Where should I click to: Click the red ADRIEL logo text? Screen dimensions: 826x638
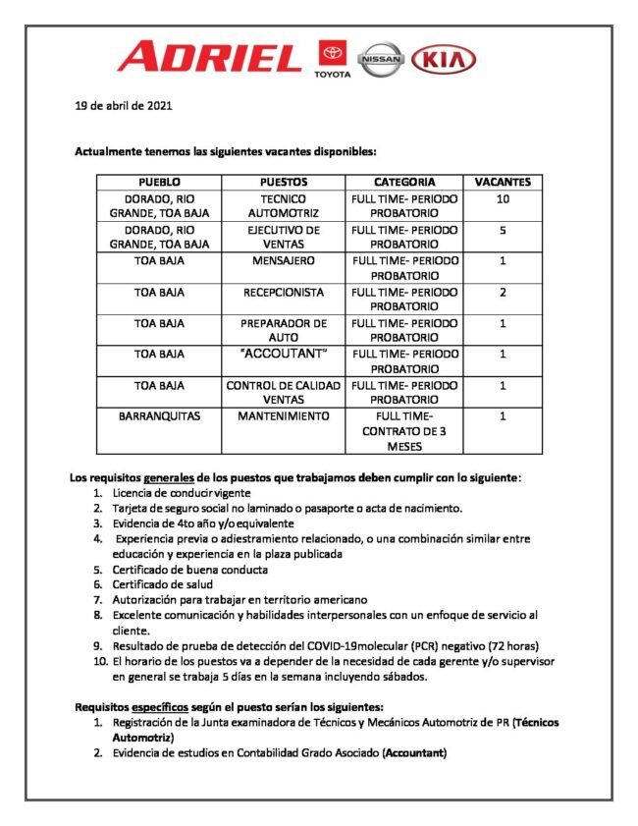[208, 56]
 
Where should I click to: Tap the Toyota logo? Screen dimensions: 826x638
[331, 60]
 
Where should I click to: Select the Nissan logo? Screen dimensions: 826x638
[380, 60]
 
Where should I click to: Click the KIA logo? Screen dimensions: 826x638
[443, 60]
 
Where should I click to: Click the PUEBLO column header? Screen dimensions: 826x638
[159, 182]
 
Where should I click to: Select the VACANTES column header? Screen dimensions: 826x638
[503, 182]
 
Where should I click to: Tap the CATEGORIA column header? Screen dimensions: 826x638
[404, 182]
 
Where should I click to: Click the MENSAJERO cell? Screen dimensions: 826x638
[284, 261]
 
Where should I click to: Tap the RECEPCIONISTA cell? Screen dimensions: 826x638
[284, 293]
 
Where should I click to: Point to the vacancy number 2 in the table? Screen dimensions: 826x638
[503, 293]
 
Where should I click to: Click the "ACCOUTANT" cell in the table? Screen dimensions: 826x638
[284, 354]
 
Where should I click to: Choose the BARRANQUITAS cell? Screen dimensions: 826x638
[159, 416]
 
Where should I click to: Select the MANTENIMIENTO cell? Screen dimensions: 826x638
[284, 416]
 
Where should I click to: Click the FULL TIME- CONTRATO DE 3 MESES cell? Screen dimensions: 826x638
[404, 431]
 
